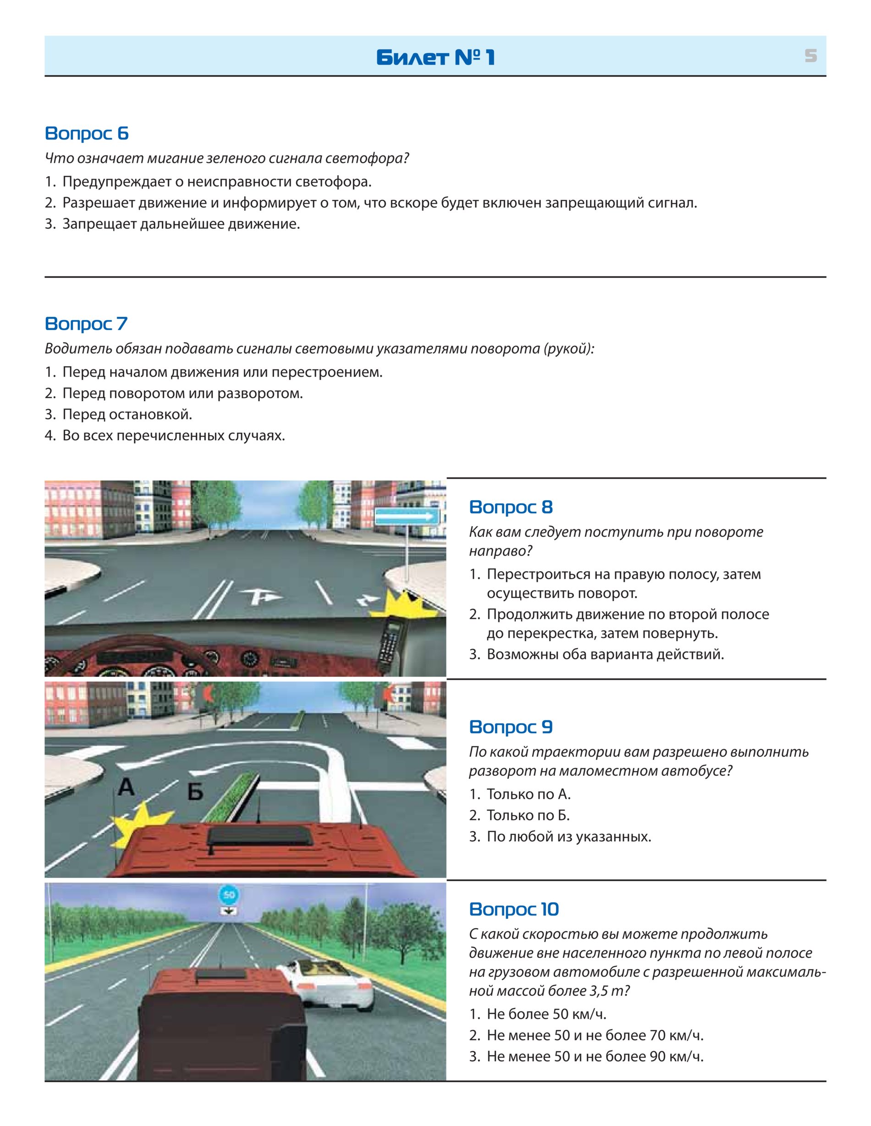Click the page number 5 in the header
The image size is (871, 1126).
[810, 55]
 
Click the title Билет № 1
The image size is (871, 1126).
[435, 57]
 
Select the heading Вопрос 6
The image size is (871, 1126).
[87, 133]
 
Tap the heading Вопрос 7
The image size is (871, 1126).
[86, 323]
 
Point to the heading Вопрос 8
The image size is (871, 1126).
[511, 507]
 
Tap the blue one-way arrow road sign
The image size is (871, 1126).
[407, 516]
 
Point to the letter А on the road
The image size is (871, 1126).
[126, 787]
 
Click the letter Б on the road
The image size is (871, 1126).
[195, 791]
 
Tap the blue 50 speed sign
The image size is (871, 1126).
[229, 894]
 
